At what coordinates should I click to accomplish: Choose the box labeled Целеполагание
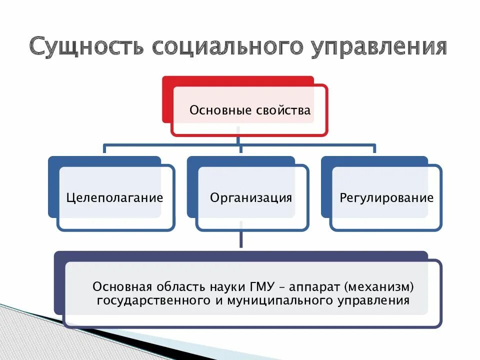tap(115, 197)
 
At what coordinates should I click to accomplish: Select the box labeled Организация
tap(251, 197)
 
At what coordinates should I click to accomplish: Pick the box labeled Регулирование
tap(386, 197)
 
